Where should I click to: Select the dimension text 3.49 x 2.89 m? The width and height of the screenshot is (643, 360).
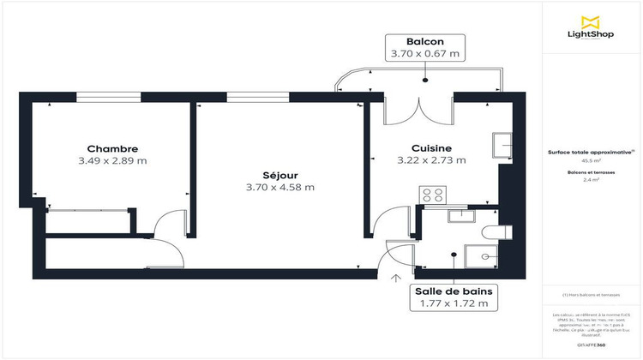(x=113, y=160)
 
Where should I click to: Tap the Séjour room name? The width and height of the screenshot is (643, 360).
(x=279, y=175)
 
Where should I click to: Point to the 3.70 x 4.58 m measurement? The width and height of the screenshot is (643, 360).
(x=279, y=187)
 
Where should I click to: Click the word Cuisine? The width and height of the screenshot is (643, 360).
(x=430, y=147)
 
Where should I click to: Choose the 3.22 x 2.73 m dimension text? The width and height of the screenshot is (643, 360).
(x=430, y=159)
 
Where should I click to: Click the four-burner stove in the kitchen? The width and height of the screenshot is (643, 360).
(x=431, y=195)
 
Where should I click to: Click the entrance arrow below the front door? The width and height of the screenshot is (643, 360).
(x=396, y=277)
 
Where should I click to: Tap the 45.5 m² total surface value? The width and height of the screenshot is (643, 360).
(x=591, y=159)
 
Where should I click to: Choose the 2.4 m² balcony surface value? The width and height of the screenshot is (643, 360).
(x=591, y=181)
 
